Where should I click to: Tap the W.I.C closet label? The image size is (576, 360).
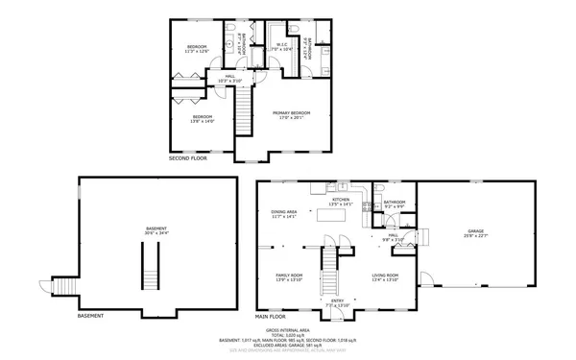pos(284,46)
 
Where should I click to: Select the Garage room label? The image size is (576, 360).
pos(475,233)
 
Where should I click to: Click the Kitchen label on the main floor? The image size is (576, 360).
pos(341,203)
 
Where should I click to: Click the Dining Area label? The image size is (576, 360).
pos(283,215)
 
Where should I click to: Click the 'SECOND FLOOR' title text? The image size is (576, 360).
pos(187,158)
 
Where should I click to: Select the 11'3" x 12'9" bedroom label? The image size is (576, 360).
pos(199,48)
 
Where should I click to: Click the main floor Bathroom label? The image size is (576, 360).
pos(395,204)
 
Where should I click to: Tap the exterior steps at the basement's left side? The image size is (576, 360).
pos(61,287)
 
